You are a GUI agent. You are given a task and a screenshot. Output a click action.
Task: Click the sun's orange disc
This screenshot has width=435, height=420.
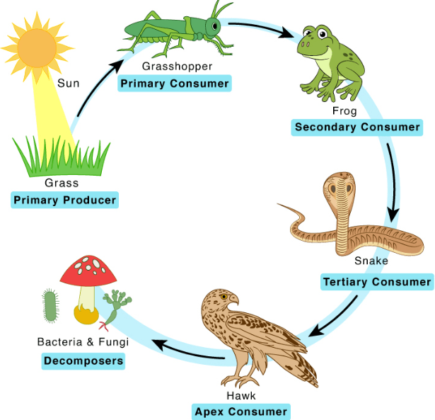point(37,48)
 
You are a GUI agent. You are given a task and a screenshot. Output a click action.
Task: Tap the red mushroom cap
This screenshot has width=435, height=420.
point(88,271)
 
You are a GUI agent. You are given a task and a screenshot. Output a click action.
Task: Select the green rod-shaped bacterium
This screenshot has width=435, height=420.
point(50,305)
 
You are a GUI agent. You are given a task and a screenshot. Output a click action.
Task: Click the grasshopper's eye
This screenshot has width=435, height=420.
point(215,26)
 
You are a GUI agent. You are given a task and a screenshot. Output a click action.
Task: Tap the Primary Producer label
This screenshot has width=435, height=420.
point(64,200)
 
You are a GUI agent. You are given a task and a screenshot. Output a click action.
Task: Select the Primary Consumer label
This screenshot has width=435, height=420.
point(175,84)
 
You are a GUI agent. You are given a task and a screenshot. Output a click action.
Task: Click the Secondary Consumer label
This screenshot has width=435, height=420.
point(357,127)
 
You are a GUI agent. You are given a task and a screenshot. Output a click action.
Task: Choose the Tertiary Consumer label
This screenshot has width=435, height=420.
point(377,282)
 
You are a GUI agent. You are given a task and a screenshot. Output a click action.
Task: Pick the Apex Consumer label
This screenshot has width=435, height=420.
point(241,412)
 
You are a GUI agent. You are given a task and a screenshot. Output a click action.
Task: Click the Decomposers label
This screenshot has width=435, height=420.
point(83,361)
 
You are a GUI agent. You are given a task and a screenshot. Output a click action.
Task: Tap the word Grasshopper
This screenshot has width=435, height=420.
point(177,67)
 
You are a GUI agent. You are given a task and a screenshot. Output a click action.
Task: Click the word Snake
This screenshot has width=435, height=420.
point(371,261)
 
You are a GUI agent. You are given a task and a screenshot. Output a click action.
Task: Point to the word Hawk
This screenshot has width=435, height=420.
point(241,395)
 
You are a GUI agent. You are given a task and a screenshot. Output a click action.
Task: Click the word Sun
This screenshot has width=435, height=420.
point(68,83)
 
